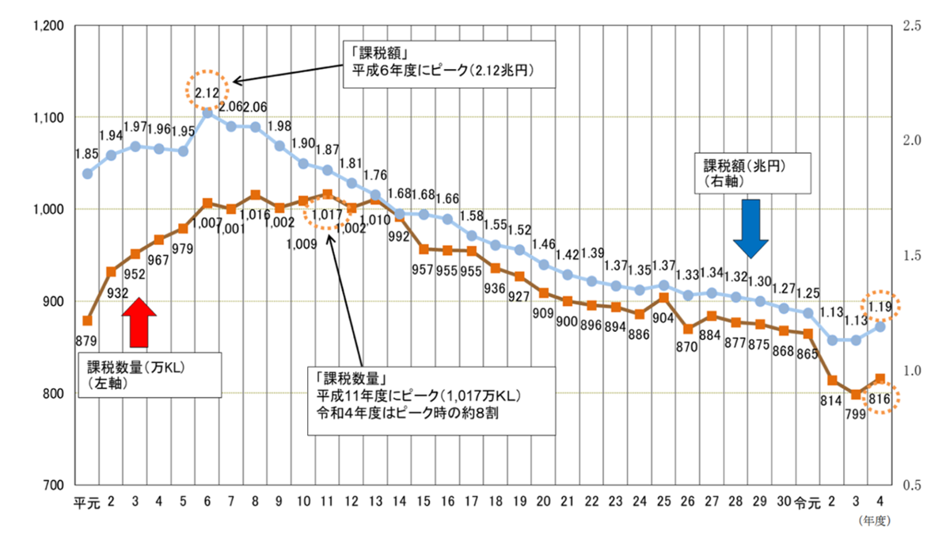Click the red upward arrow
click(139, 322)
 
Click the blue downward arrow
click(750, 228)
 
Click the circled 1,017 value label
click(327, 214)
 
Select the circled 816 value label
click(879, 399)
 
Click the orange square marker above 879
click(88, 320)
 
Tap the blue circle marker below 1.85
click(88, 174)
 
